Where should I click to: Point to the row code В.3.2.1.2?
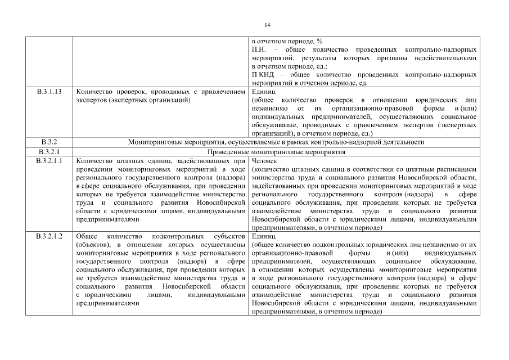[49, 236]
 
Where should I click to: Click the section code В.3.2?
[49, 142]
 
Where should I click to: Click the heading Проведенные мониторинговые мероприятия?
[276, 152]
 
